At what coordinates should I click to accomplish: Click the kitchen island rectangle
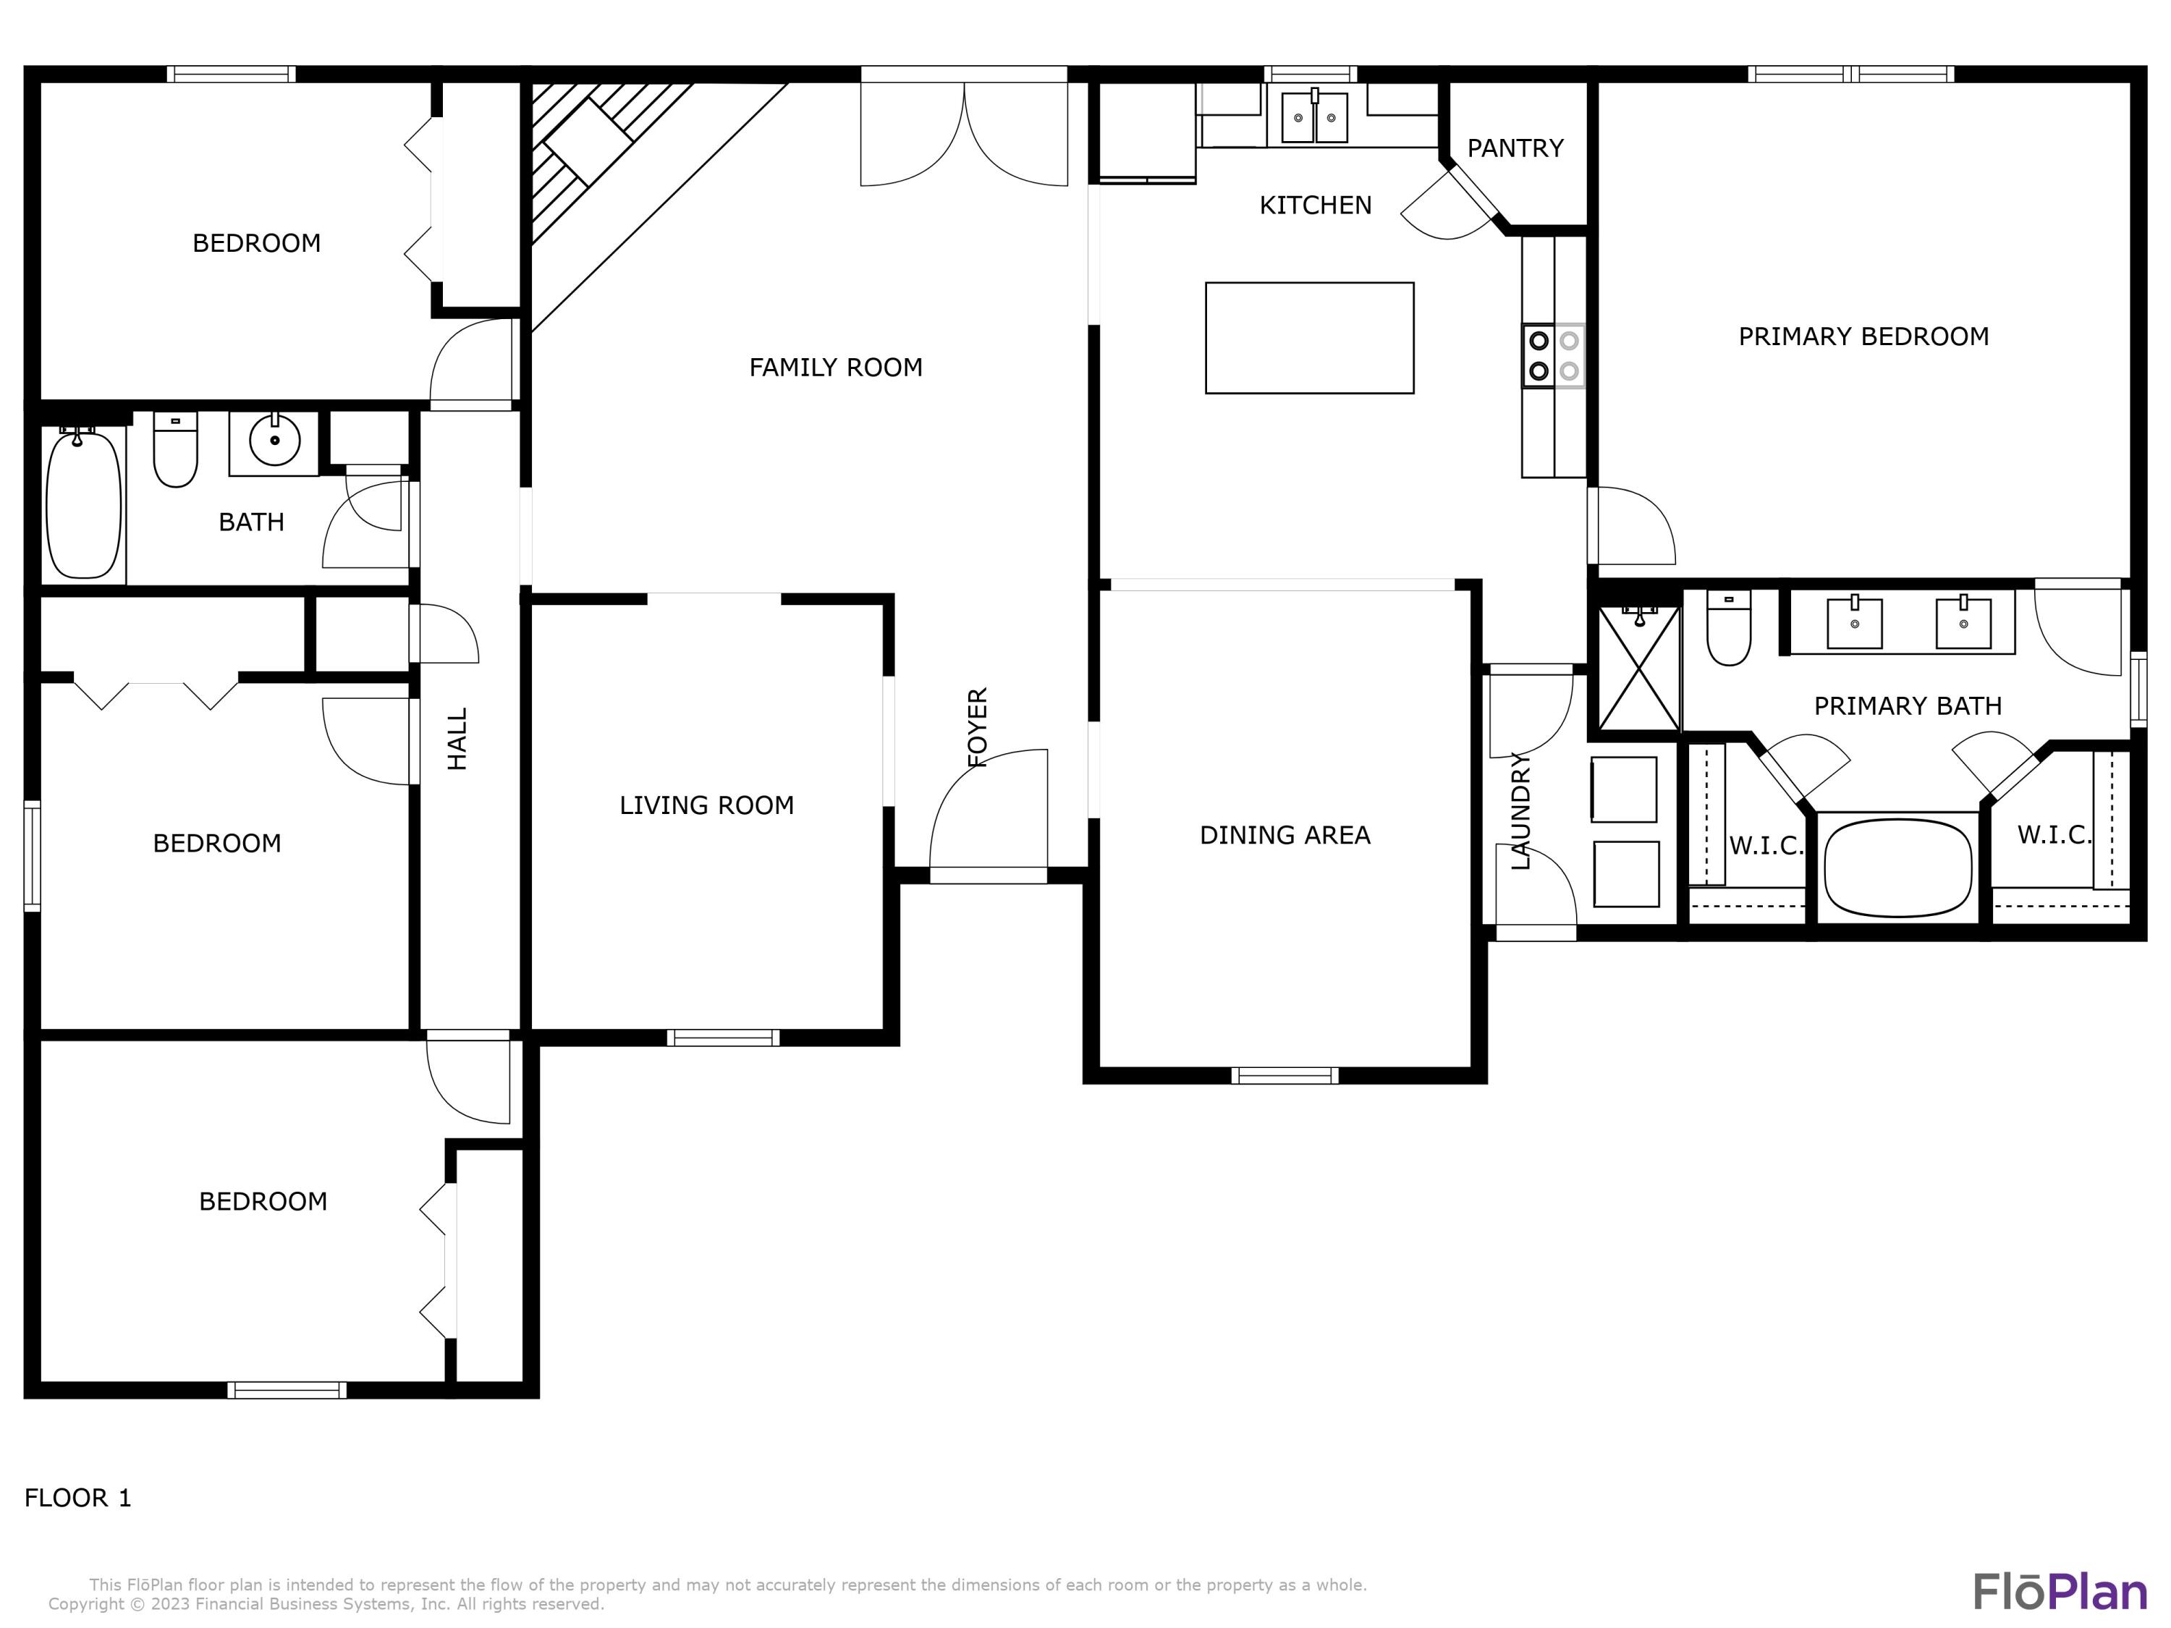[x=1308, y=338]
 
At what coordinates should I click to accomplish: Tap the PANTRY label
[x=1515, y=148]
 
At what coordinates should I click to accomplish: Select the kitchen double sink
[x=1314, y=118]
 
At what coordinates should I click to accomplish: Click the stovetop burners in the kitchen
[x=1554, y=355]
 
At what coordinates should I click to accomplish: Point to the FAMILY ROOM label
[x=835, y=367]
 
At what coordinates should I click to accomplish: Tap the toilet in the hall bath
[x=176, y=451]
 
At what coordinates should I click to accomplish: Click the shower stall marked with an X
[x=1638, y=669]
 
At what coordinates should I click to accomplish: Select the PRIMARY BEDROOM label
[x=1863, y=336]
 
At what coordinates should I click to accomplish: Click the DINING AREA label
[x=1284, y=835]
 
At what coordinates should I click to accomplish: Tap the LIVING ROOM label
[x=706, y=805]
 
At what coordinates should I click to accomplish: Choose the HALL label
[x=457, y=739]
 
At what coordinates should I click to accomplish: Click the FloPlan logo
[x=2059, y=1592]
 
